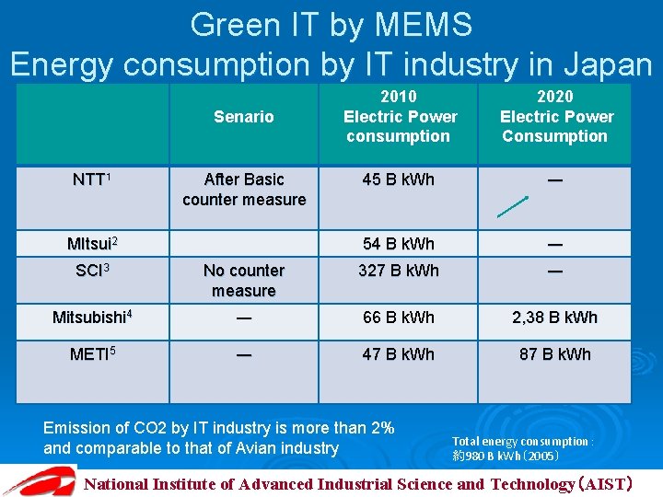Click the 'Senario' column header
click(243, 117)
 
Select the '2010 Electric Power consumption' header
click(400, 117)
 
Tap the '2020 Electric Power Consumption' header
click(555, 117)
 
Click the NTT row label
click(91, 179)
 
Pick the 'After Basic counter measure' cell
click(243, 190)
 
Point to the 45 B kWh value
click(399, 179)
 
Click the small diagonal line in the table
click(513, 206)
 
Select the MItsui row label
click(91, 244)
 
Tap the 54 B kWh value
click(399, 244)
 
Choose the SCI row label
click(92, 271)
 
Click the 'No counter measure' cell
click(243, 281)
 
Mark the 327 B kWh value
click(399, 271)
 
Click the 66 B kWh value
click(399, 318)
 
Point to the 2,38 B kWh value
click(555, 318)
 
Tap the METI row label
click(91, 354)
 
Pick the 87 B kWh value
click(555, 354)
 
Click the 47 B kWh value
click(399, 354)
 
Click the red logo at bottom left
click(39, 481)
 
